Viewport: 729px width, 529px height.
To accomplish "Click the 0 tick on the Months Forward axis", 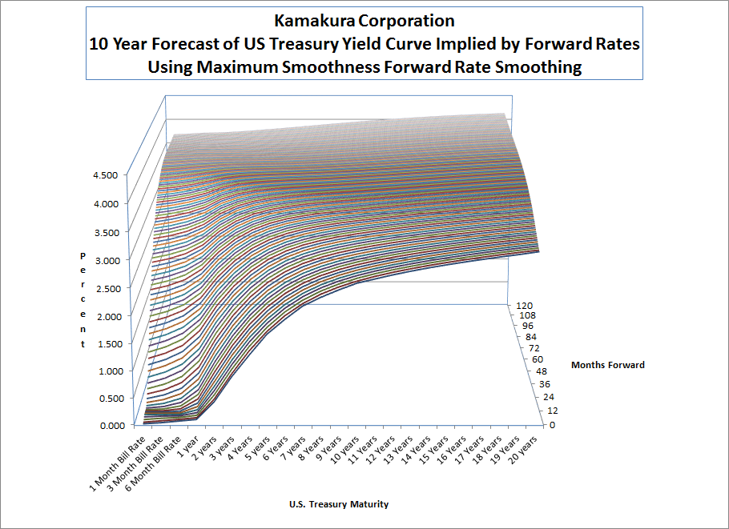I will [x=551, y=425].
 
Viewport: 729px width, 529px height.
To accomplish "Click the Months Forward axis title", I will [x=607, y=365].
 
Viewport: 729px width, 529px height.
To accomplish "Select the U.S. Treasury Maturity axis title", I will [x=339, y=504].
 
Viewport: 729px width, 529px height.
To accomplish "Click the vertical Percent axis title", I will [x=83, y=299].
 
